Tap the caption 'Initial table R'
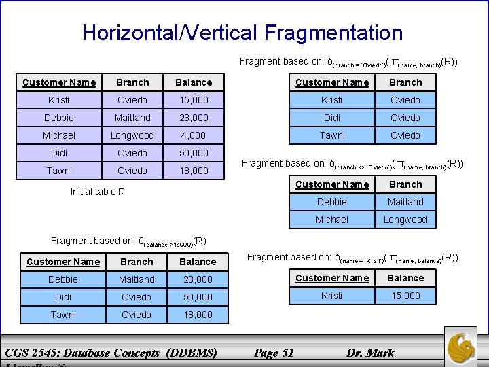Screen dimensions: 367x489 (98, 192)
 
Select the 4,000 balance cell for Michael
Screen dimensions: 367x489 (194, 135)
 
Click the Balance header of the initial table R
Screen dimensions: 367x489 (194, 82)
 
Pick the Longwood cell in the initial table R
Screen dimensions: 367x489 (132, 135)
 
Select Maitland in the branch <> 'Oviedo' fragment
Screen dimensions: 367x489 (405, 202)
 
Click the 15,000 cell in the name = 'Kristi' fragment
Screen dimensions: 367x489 (405, 296)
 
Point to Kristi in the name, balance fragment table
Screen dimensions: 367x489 (332, 296)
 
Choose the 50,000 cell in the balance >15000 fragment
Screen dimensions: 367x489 (198, 297)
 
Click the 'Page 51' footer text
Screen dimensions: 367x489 (273, 352)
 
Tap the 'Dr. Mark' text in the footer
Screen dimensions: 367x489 (370, 352)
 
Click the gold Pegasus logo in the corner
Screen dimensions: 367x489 (465, 346)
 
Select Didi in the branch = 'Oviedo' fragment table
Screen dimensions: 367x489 (332, 118)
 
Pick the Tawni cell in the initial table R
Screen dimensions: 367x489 (59, 171)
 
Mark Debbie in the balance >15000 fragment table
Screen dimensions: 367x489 (63, 279)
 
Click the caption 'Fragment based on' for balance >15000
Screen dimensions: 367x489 (94, 241)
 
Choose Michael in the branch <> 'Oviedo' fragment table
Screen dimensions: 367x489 (332, 220)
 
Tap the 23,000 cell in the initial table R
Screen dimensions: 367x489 (194, 118)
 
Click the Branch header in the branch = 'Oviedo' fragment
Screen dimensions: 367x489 (405, 82)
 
